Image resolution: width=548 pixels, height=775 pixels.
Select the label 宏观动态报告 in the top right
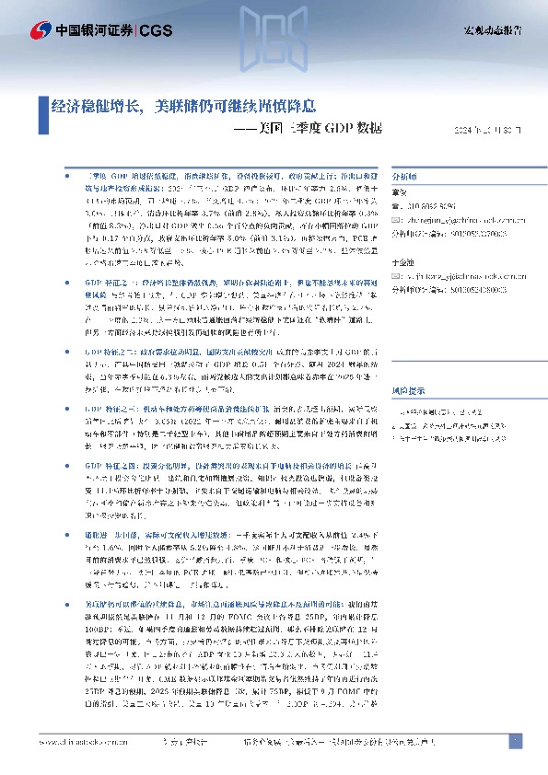coord(492,30)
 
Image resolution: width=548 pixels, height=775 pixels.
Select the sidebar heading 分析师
coord(405,174)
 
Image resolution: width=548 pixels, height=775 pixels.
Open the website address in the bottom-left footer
coord(77,742)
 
